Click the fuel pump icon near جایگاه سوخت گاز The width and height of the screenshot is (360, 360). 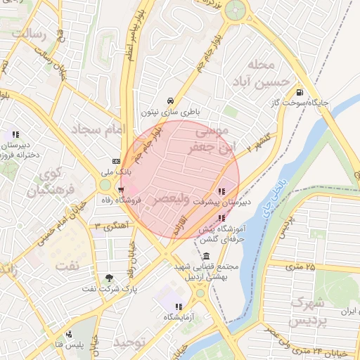[300, 92]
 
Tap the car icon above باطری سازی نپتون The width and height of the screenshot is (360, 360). [171, 101]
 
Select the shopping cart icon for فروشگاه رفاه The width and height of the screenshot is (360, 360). [122, 189]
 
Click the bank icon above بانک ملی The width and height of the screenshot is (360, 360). [116, 161]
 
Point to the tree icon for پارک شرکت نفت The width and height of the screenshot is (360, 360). [108, 278]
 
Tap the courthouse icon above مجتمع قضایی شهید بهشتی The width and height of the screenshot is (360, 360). [205, 257]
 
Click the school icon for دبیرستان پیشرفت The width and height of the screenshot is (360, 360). [221, 191]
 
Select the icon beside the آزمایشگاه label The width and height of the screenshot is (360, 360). [179, 307]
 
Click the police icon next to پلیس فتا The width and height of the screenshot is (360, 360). [67, 334]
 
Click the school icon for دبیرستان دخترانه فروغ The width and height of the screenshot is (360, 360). [15, 134]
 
